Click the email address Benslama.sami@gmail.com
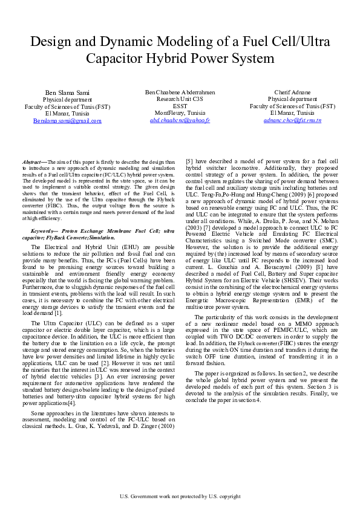click(67, 121)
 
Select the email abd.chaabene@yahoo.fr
click(180, 120)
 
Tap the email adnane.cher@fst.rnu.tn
click(292, 120)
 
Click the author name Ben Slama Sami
click(67, 92)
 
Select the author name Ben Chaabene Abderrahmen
click(180, 91)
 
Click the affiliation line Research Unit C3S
click(180, 99)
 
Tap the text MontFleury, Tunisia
click(180, 113)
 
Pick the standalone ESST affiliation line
click(180, 106)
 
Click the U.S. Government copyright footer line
click(180, 497)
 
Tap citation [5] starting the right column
click(189, 161)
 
